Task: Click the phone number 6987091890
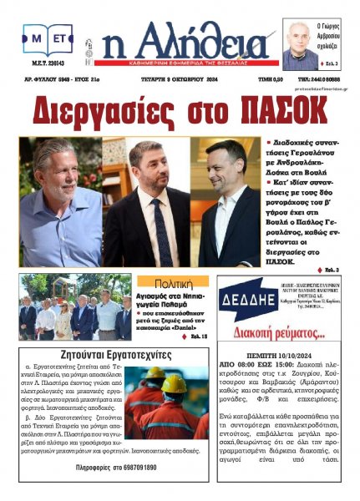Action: click(x=139, y=468)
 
